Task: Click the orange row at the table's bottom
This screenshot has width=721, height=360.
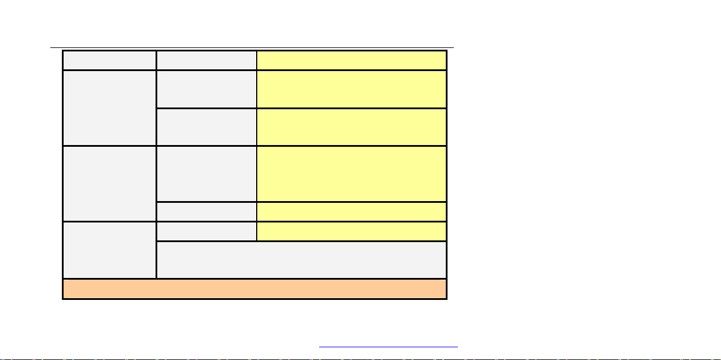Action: point(254,289)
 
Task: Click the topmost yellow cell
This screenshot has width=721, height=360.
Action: point(352,60)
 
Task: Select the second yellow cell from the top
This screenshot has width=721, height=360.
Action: point(352,89)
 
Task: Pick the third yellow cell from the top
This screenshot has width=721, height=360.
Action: point(352,127)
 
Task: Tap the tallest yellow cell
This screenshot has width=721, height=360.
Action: point(352,173)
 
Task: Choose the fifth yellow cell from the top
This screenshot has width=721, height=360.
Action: point(352,211)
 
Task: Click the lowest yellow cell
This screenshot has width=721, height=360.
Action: point(352,231)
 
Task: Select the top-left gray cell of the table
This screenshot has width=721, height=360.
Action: point(109,60)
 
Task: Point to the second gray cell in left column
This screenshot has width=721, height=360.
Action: point(109,107)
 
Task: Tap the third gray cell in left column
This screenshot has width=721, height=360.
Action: point(109,183)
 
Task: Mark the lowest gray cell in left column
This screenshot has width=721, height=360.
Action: point(109,250)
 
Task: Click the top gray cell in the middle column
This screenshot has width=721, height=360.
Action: point(206,60)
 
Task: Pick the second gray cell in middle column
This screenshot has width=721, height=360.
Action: point(206,89)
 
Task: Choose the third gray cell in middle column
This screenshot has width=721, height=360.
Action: point(206,127)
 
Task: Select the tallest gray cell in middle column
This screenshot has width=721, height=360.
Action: point(206,173)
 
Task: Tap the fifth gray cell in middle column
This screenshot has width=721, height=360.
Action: point(206,211)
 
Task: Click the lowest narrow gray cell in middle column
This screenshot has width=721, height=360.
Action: point(206,231)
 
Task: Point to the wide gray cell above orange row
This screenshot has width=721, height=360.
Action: point(301,260)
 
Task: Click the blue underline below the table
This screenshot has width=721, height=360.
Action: point(388,347)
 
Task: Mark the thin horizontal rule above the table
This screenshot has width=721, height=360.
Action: point(253,48)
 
